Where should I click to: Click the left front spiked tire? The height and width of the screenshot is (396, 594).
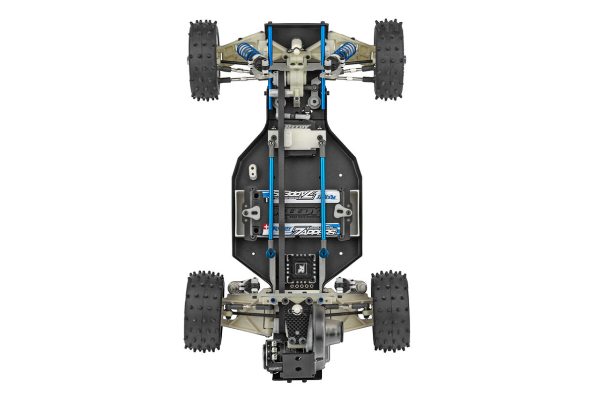point(203,60)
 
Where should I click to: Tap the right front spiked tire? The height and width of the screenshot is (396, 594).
point(389,59)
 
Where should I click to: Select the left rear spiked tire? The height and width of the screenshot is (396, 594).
point(203,311)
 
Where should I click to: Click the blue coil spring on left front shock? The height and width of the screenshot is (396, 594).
point(248,51)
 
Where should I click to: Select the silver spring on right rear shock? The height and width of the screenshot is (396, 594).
point(354,286)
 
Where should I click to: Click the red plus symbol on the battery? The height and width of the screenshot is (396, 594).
point(266,227)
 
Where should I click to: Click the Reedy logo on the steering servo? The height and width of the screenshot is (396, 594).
point(297,127)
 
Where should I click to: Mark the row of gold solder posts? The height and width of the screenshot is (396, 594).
point(297,285)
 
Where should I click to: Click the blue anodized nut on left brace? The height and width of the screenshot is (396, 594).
point(270,253)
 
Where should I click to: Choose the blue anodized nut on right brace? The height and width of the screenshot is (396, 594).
point(323,253)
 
